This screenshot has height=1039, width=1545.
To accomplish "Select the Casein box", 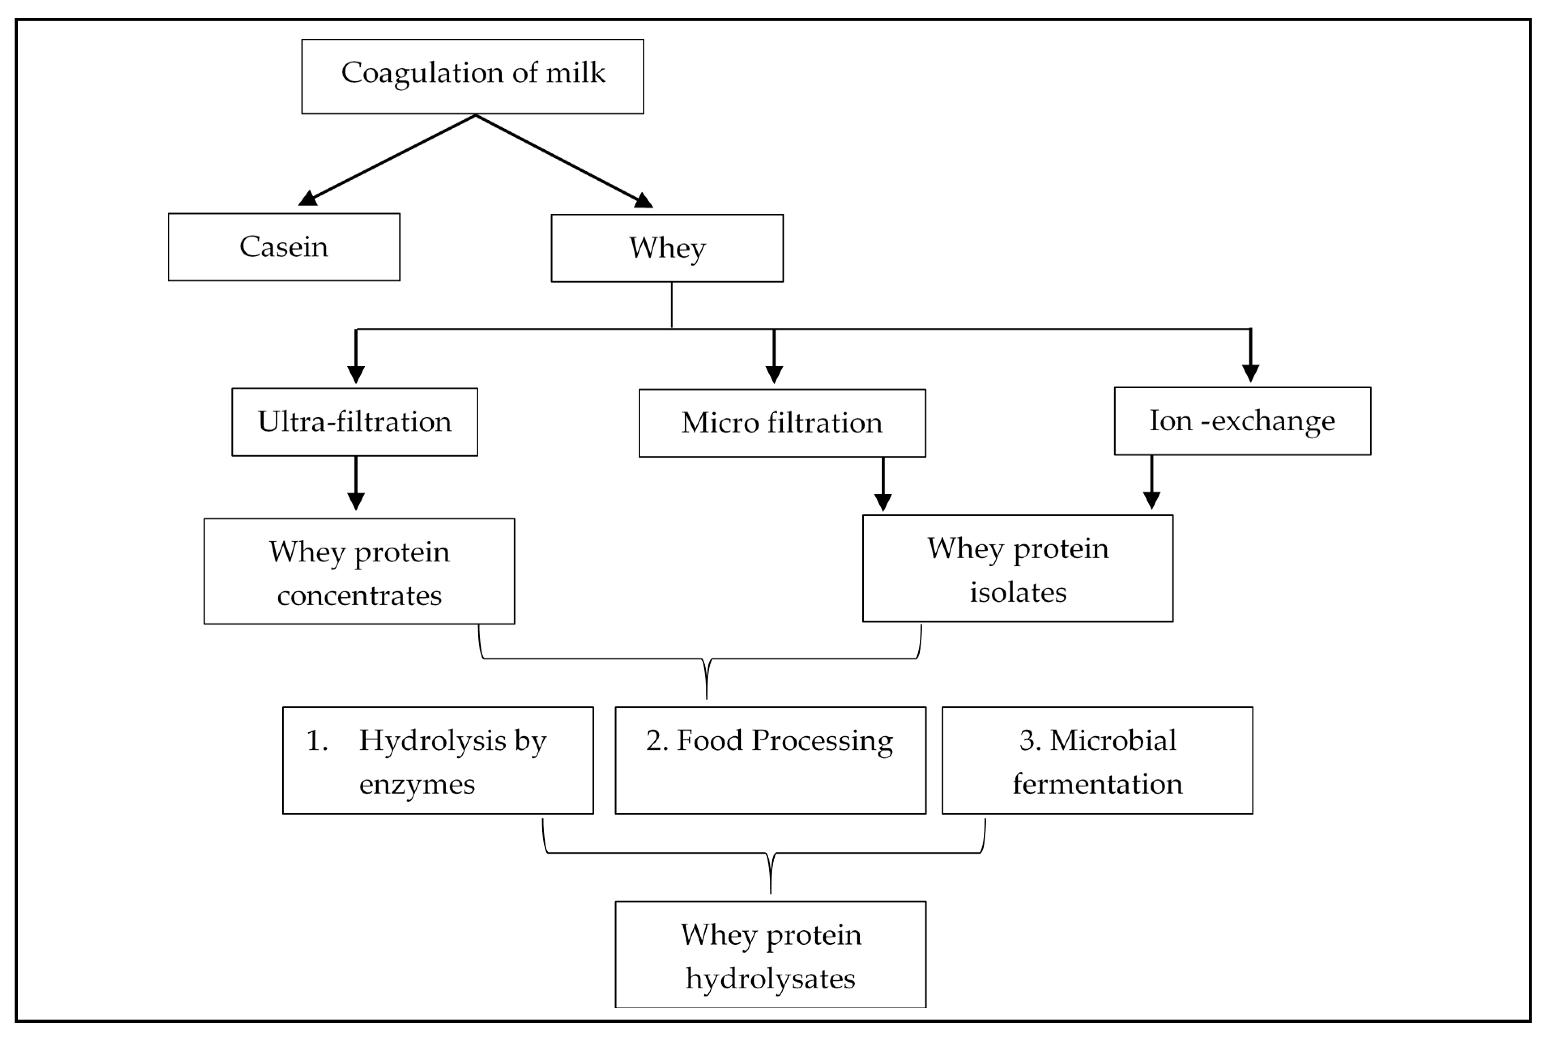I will point(283,246).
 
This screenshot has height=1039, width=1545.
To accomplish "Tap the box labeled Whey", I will point(667,248).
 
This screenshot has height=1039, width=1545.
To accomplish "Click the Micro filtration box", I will point(782,423).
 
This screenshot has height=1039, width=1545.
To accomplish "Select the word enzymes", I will point(417,784).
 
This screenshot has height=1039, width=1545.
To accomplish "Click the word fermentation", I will point(1097,784).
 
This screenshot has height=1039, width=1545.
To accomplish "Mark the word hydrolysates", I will point(770,978).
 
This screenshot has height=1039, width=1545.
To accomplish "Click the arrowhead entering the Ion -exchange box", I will point(1250,373).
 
